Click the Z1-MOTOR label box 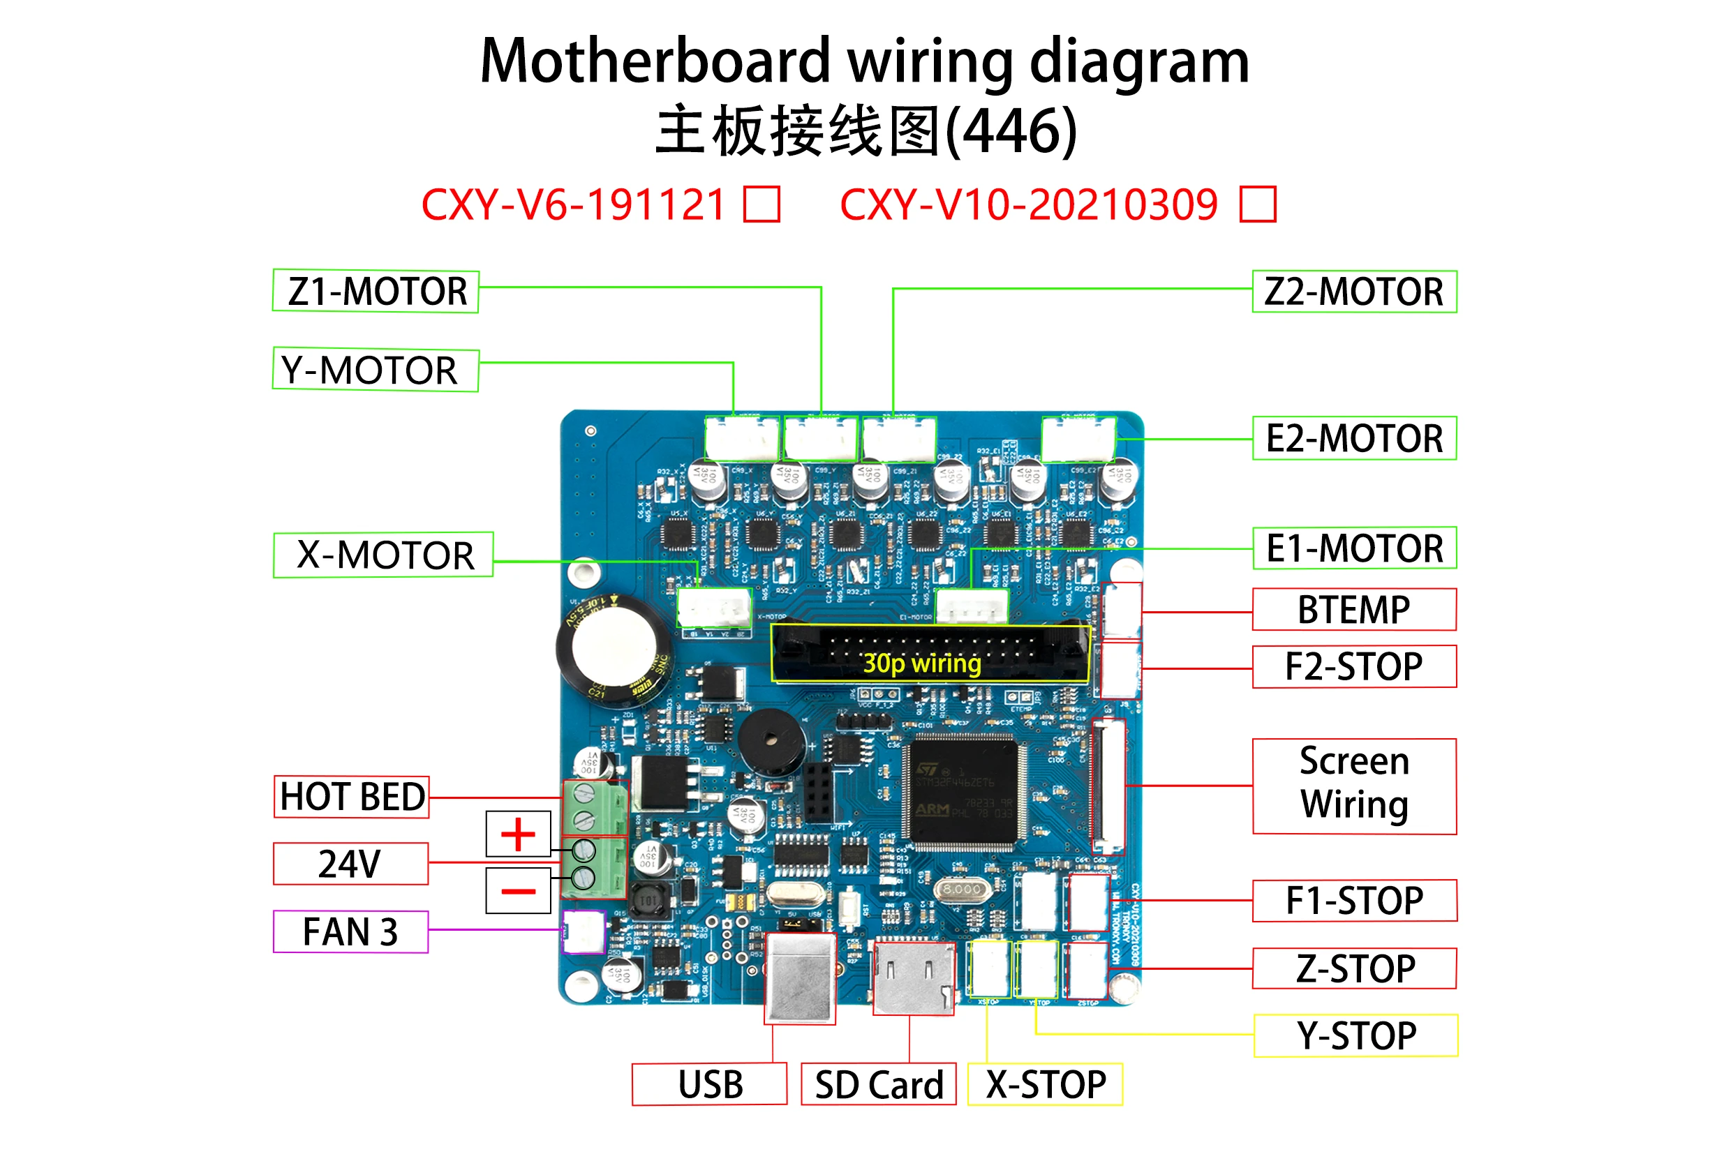pyautogui.click(x=376, y=292)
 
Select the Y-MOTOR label pyautogui.click(x=376, y=370)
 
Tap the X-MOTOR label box pyautogui.click(x=383, y=555)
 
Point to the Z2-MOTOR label pyautogui.click(x=1354, y=292)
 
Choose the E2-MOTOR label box pyautogui.click(x=1354, y=439)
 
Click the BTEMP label pyautogui.click(x=1354, y=609)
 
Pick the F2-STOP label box pyautogui.click(x=1354, y=667)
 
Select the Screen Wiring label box pyautogui.click(x=1354, y=786)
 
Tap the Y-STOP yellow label pyautogui.click(x=1355, y=1036)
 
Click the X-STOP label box pyautogui.click(x=1045, y=1085)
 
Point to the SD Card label pyautogui.click(x=878, y=1085)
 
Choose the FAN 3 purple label pyautogui.click(x=350, y=931)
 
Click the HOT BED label pyautogui.click(x=351, y=797)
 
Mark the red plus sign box pyautogui.click(x=519, y=834)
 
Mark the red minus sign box pyautogui.click(x=519, y=891)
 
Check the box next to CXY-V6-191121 pyautogui.click(x=762, y=204)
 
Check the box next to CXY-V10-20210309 pyautogui.click(x=1258, y=204)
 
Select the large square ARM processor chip pyautogui.click(x=963, y=793)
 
